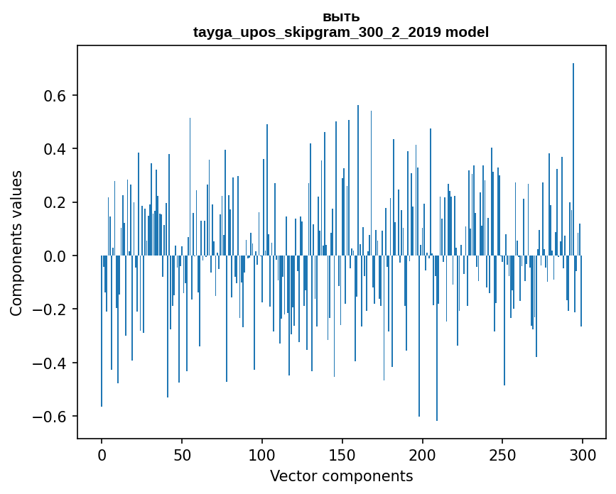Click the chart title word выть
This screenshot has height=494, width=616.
click(341, 17)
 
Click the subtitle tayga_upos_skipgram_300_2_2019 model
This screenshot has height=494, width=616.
click(341, 32)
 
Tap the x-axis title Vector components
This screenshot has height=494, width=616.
click(341, 476)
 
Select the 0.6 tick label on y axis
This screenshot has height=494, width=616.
click(55, 96)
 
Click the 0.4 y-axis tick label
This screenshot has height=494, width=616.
click(55, 149)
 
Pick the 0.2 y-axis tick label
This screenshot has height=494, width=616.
click(55, 202)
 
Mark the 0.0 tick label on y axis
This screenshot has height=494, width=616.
click(55, 256)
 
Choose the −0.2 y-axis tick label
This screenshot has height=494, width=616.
click(50, 309)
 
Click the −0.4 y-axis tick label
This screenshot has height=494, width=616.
click(50, 363)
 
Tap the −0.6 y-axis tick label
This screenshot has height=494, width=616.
click(50, 417)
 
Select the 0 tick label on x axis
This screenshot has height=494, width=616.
click(102, 455)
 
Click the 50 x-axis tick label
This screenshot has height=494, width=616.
click(182, 455)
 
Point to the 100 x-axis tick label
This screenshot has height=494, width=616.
click(262, 455)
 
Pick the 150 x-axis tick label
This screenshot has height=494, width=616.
click(342, 455)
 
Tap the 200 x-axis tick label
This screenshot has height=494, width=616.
click(423, 455)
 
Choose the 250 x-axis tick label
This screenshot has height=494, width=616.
click(503, 455)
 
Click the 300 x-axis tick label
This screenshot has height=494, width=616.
click(583, 455)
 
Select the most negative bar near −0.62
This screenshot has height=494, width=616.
click(437, 341)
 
